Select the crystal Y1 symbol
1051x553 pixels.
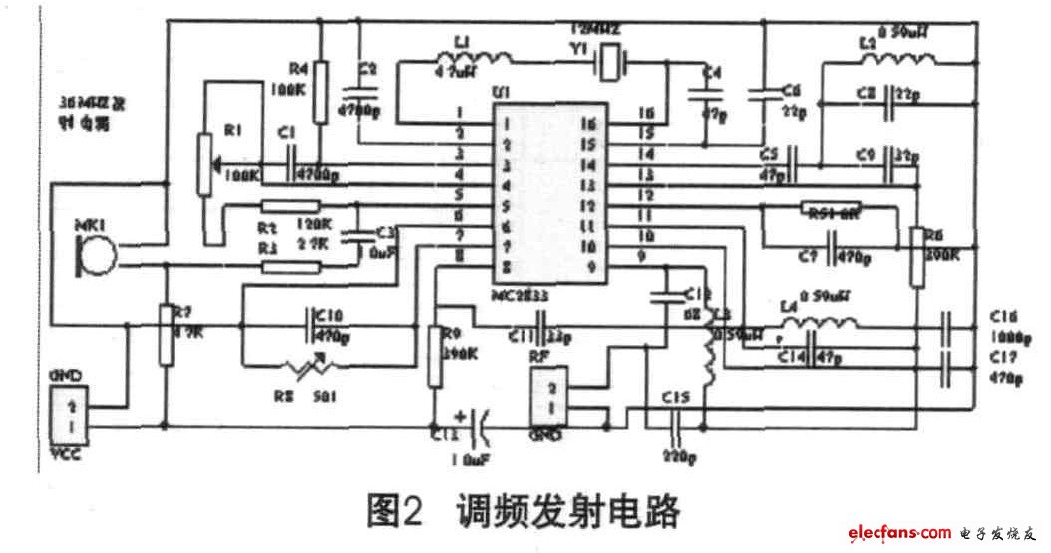click(610, 63)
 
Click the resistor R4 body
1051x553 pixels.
click(321, 92)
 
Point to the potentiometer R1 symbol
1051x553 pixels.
click(206, 164)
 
